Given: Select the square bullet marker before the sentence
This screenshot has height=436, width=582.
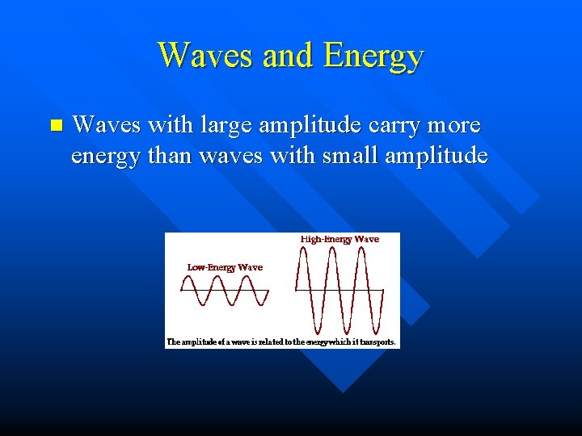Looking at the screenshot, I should click(x=55, y=125).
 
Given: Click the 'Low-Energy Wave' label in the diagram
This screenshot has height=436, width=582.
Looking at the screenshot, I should click(x=225, y=267).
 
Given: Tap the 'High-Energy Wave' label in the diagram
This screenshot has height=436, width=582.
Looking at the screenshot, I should click(x=339, y=239).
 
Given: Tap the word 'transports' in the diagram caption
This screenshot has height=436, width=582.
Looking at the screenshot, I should click(x=377, y=342).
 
